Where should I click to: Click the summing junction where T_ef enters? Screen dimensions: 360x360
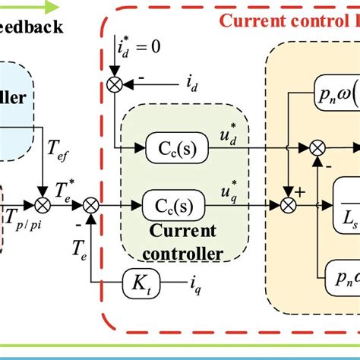pos(43,204)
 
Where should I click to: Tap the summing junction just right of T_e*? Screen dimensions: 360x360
pos(91,204)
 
